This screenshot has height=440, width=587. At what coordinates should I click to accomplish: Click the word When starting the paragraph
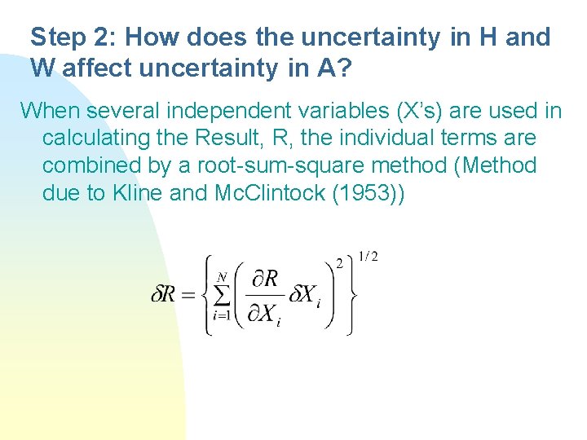point(51,110)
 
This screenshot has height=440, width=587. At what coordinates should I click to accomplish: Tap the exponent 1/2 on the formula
point(368,257)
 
